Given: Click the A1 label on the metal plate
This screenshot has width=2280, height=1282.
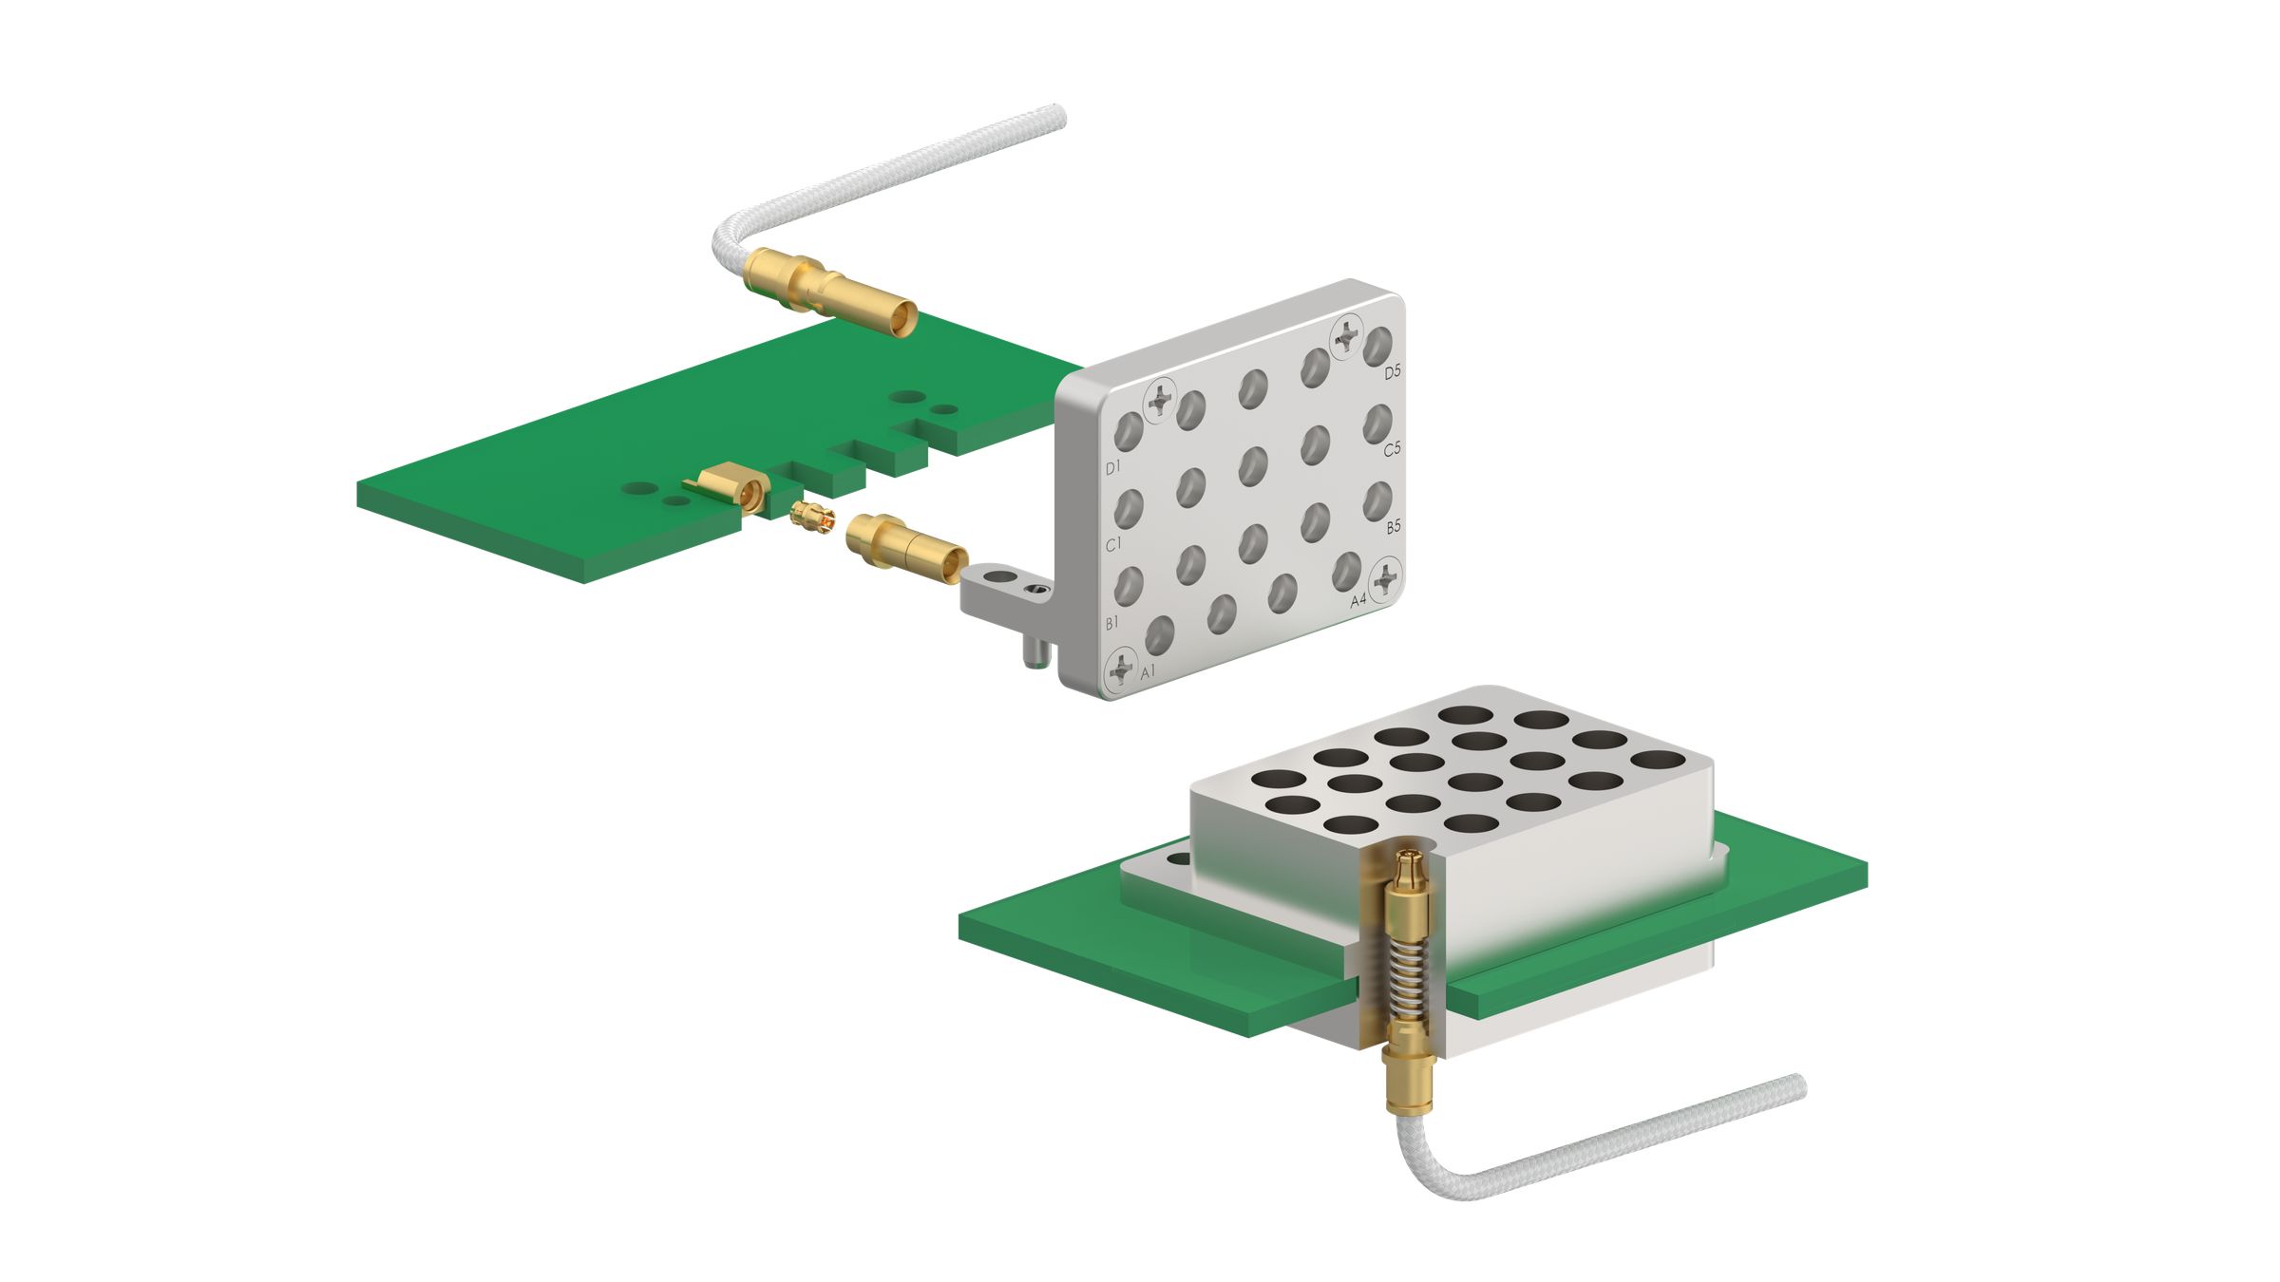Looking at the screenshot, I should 1148,671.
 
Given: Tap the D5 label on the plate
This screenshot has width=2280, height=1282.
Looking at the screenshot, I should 1392,372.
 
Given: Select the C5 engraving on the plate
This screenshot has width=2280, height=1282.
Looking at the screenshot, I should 1392,449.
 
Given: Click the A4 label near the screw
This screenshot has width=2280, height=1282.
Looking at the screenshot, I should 1358,600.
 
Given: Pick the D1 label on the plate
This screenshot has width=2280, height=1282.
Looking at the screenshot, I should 1113,467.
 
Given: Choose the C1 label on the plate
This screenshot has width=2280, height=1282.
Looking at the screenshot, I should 1113,544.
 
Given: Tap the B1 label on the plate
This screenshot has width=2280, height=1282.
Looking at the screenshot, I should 1111,623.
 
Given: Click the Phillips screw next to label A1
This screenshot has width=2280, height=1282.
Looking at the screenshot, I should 1122,669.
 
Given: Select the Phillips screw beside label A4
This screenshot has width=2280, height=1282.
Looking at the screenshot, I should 1386,576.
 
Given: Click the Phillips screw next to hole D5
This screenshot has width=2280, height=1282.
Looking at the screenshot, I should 1346,336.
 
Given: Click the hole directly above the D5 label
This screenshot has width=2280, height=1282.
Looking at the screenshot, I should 1377,347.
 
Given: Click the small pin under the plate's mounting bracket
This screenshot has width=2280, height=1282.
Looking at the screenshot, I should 1034,654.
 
